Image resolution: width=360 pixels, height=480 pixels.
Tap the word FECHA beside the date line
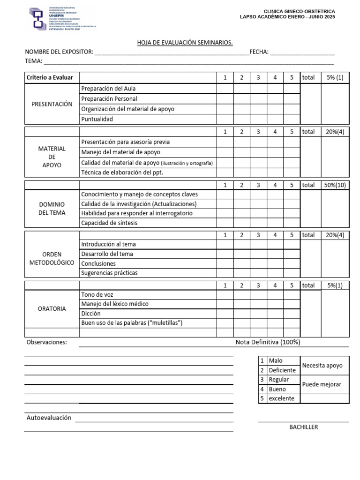click(259, 52)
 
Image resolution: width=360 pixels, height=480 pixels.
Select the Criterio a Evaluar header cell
click(50, 77)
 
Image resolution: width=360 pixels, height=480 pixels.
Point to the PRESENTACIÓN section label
click(52, 104)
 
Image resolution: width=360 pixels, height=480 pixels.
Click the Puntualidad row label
click(97, 119)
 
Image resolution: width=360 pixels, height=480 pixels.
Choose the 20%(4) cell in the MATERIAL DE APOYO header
click(335, 132)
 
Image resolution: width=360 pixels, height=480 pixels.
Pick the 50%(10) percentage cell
click(335, 185)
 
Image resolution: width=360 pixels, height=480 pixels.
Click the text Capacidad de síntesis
click(109, 223)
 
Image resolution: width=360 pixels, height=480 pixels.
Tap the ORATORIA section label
click(52, 309)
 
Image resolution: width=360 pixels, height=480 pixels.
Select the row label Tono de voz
click(97, 294)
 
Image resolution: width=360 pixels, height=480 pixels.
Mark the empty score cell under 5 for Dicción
click(291, 314)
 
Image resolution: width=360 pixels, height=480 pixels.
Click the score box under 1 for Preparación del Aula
click(225, 89)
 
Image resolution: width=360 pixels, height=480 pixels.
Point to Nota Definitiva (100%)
click(268, 342)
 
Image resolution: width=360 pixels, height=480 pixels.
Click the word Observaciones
click(47, 342)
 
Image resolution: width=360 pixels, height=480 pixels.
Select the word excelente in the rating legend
click(282, 398)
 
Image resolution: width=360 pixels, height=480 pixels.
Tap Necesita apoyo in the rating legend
click(322, 366)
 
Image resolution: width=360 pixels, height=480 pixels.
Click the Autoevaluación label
click(49, 418)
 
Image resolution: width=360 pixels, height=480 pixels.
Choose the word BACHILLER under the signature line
click(303, 427)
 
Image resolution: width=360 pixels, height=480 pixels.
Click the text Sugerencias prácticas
click(109, 273)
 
